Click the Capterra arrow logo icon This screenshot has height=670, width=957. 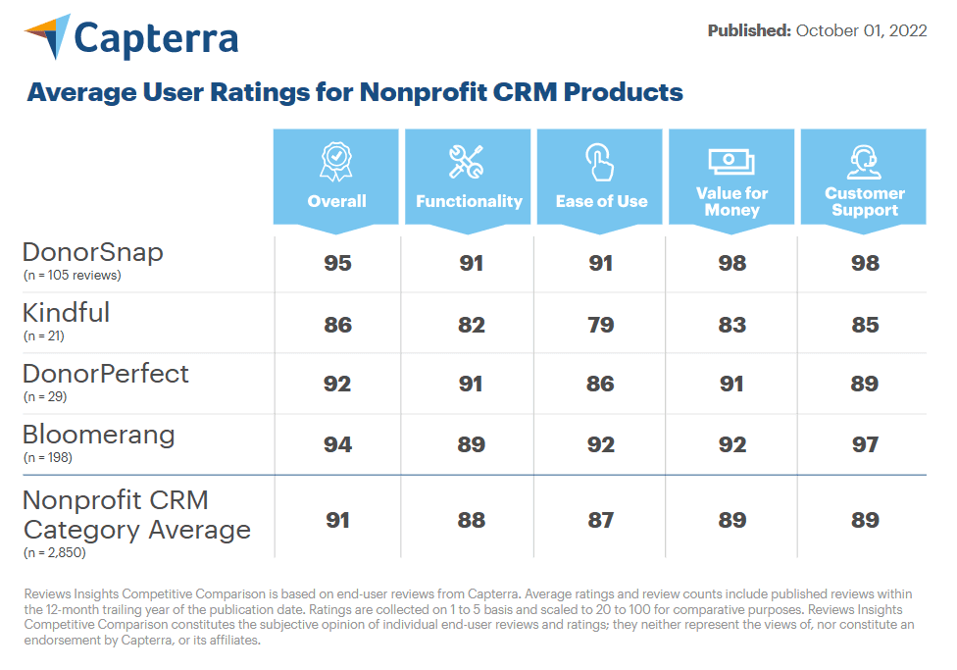pos(49,36)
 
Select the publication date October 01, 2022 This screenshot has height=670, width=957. pos(861,30)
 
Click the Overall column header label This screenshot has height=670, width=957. pos(337,201)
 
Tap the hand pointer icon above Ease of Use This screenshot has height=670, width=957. pos(599,162)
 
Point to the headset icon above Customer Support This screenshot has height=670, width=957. pos(864,162)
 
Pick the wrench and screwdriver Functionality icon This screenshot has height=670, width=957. pos(467,162)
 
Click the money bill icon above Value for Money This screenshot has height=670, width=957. pos(731,162)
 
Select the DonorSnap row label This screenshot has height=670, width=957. pos(93,252)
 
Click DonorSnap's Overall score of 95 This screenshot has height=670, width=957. pos(337,263)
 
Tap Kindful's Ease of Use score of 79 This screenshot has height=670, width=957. pos(600,325)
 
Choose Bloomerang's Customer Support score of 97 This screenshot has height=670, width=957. pos(866,444)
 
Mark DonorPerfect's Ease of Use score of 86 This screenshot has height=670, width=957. pos(600,384)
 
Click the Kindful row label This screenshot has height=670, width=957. pos(66,313)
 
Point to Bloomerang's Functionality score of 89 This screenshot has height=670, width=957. pos(472,444)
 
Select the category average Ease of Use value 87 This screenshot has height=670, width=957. pos(600,520)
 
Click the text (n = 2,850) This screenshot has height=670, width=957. pos(54,552)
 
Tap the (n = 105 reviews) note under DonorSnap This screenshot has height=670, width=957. pos(72,275)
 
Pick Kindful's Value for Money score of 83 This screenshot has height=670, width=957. pos(732,325)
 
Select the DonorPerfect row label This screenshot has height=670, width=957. pos(106,374)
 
